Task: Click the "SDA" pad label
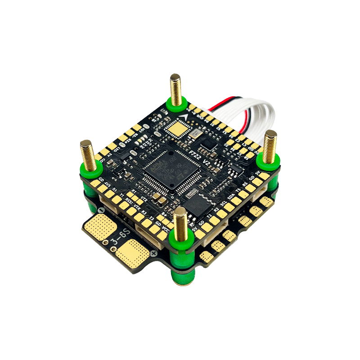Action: (x=231, y=197)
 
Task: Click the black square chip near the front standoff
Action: (x=195, y=204)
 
